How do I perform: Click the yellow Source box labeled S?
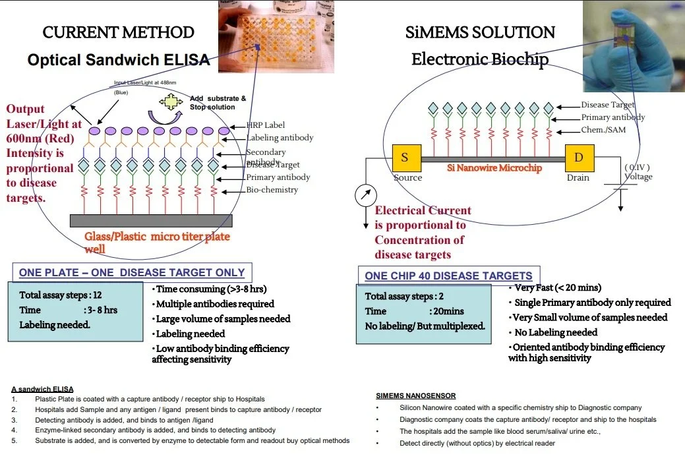tap(405, 158)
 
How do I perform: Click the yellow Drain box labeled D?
tap(579, 158)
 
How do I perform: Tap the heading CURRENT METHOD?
tap(118, 32)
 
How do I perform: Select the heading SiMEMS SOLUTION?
tap(480, 32)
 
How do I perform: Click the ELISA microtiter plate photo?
tap(276, 37)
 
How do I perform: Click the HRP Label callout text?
tap(266, 126)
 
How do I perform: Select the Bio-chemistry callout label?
tap(272, 190)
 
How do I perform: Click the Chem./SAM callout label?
tap(603, 130)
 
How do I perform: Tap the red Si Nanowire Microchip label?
tap(494, 168)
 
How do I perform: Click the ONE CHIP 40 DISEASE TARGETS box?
tap(448, 276)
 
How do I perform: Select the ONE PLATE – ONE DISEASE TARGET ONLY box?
tap(132, 272)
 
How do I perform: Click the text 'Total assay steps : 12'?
tap(61, 295)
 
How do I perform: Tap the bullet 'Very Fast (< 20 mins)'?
tap(558, 287)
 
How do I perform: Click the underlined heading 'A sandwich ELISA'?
tap(42, 389)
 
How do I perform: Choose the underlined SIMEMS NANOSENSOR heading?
tap(415, 396)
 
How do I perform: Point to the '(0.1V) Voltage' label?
tap(638, 172)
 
